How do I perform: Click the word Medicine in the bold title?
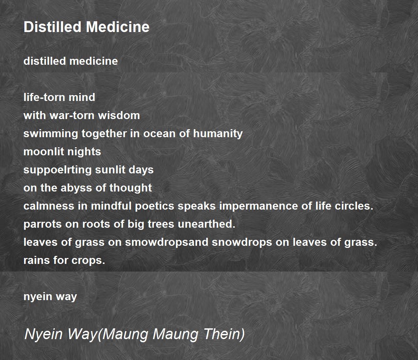coord(118,27)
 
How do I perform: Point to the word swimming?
coord(51,134)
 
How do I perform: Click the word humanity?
coord(218,134)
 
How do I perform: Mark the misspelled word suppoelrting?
coord(57,170)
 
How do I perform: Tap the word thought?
coord(130,188)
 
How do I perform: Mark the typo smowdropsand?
coord(167,242)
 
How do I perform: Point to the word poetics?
coord(155,206)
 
